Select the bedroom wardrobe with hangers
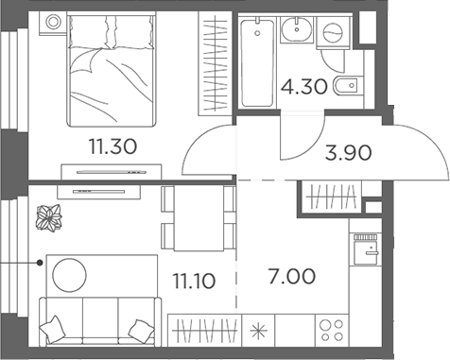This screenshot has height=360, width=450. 215,60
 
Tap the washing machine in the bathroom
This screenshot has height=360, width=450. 333,33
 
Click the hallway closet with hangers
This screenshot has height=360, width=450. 330,195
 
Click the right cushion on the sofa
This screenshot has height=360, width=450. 141,330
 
